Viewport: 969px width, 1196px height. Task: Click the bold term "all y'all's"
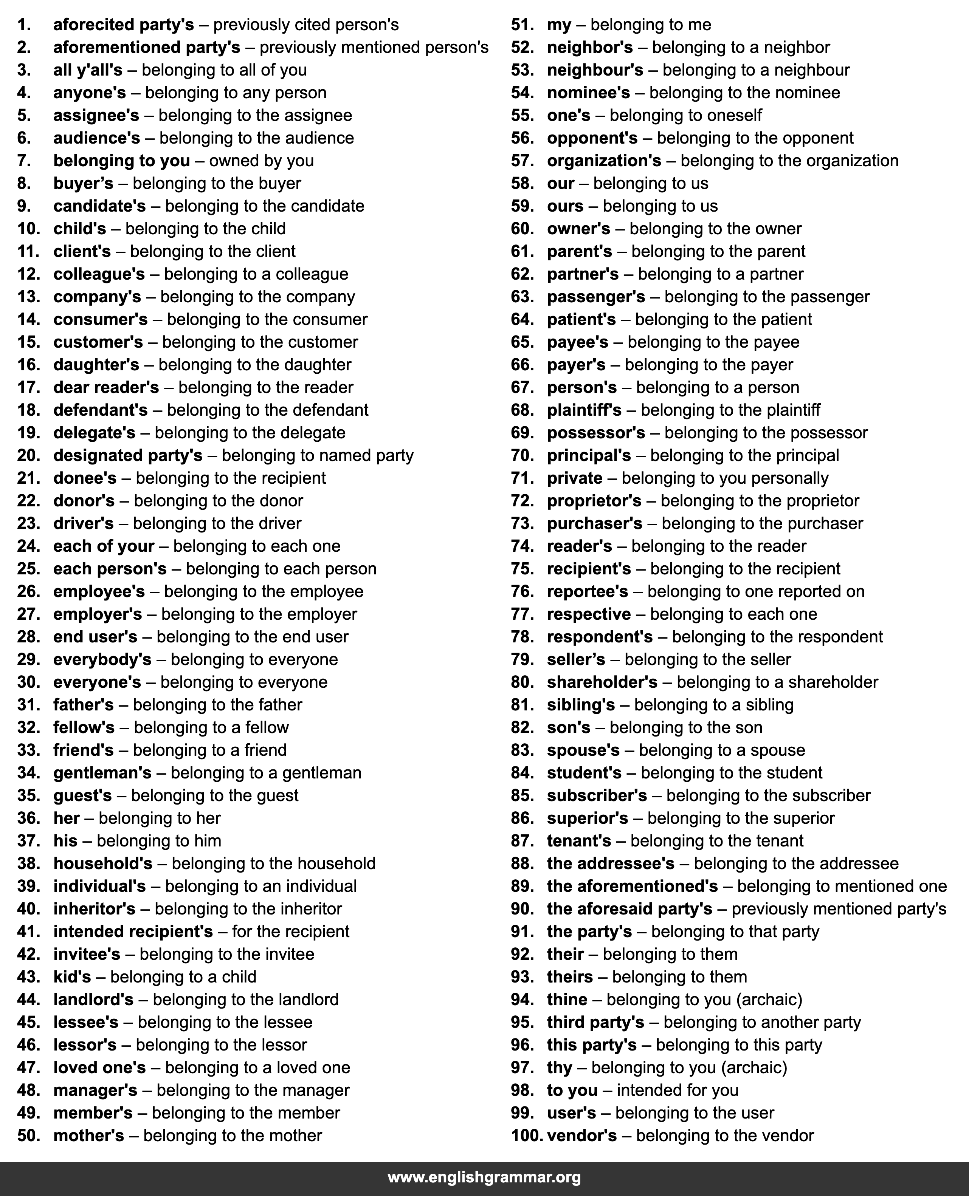pos(88,70)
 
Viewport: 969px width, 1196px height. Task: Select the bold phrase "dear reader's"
pos(106,387)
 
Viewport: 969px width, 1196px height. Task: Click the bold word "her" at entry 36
pos(67,818)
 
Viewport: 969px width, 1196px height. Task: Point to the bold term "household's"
pos(103,863)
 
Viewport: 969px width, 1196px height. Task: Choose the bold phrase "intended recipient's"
pos(133,931)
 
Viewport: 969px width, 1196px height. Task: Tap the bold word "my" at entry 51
pos(559,25)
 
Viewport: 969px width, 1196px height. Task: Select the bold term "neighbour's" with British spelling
pos(595,70)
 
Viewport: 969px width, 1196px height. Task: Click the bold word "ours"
pos(565,206)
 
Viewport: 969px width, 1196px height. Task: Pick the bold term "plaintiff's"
pos(584,410)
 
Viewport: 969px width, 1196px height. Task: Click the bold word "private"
pos(574,478)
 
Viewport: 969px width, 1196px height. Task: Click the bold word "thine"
pos(567,999)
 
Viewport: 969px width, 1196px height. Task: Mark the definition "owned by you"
pos(261,161)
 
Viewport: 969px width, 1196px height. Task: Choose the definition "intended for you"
pos(677,1090)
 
